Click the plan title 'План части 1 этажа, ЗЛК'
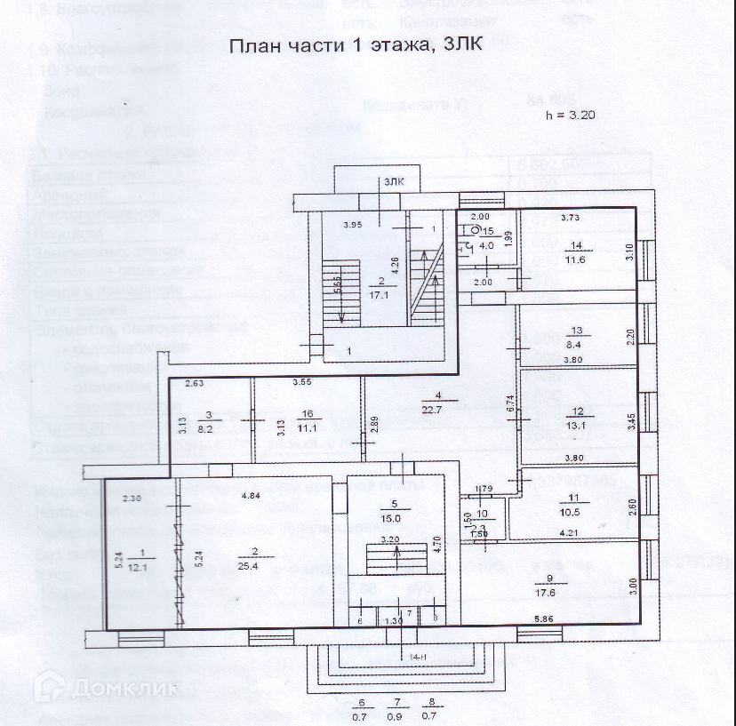tap(356, 46)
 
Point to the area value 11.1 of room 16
tap(308, 427)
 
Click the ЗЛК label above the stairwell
tap(394, 182)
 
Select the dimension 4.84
tap(252, 496)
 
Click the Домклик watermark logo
tap(107, 687)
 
